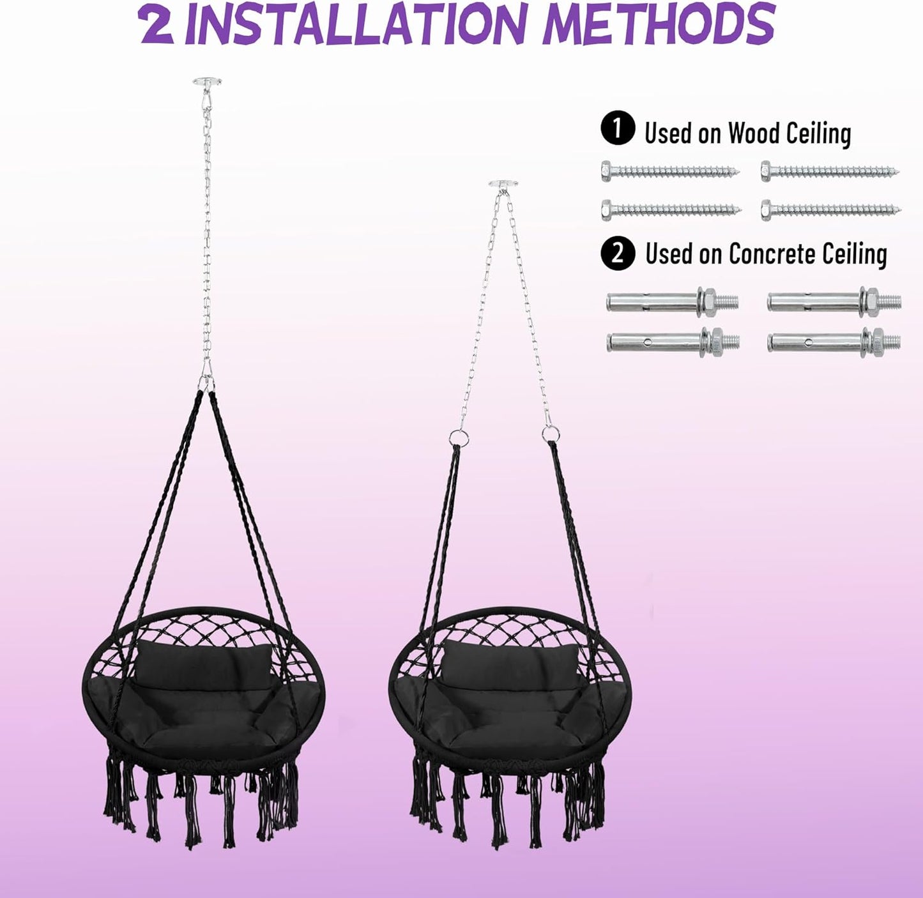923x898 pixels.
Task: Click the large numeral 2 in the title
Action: [157, 25]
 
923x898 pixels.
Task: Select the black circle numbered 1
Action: [617, 130]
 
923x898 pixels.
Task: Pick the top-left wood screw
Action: [669, 171]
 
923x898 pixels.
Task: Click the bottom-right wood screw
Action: [830, 209]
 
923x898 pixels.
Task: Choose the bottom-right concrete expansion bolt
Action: [834, 341]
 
